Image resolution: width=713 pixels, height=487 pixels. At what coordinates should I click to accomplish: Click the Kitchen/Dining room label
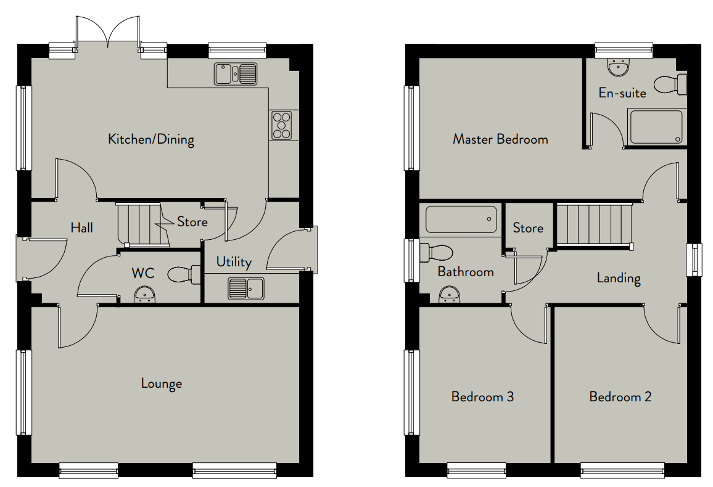(151, 139)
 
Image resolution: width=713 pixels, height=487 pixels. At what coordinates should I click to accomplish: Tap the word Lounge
(162, 383)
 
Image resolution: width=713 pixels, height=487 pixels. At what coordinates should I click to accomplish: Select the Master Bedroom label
(500, 139)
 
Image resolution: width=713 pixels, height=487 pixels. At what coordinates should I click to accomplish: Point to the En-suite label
(622, 93)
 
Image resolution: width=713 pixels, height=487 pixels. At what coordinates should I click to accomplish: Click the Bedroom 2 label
(620, 396)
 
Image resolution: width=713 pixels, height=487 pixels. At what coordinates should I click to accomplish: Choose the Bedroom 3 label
(482, 396)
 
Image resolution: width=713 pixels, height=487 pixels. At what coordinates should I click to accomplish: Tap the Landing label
(619, 278)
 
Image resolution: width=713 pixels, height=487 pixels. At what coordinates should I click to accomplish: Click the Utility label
(234, 262)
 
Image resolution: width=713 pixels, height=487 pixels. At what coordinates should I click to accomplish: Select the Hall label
(82, 227)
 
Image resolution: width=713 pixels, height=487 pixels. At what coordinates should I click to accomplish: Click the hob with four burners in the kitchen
(281, 125)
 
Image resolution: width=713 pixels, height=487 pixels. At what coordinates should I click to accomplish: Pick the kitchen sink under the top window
(236, 73)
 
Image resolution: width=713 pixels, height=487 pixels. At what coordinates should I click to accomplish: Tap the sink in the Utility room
(246, 289)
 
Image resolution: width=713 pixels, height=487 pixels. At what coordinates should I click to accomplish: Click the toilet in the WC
(184, 274)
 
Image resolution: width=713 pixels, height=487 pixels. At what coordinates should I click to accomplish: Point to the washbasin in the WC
(145, 295)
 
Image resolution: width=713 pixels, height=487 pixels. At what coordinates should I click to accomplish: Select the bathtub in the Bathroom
(461, 219)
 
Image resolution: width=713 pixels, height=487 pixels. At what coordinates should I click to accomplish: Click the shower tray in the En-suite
(656, 127)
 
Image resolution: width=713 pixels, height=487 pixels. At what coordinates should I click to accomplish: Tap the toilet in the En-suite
(670, 84)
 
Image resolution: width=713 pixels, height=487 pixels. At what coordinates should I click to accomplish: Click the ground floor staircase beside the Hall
(143, 226)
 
